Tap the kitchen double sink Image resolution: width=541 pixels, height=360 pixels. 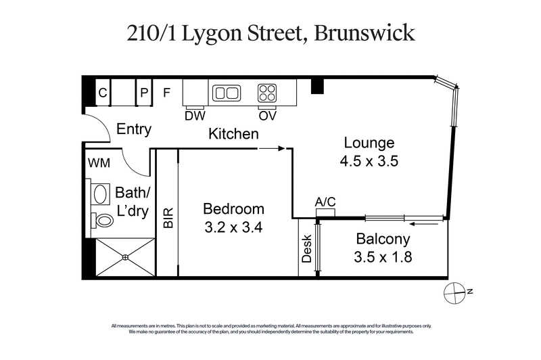[x=227, y=93]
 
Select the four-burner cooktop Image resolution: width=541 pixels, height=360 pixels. [x=266, y=93]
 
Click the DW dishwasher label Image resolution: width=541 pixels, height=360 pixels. [x=194, y=116]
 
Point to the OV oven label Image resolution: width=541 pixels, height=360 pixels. [x=266, y=116]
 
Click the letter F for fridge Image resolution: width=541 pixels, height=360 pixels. [x=167, y=93]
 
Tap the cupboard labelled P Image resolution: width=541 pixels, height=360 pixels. [x=144, y=93]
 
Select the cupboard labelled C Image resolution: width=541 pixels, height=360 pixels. [x=103, y=93]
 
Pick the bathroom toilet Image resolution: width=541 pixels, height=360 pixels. [x=103, y=220]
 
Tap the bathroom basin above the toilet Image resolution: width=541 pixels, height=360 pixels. [x=100, y=195]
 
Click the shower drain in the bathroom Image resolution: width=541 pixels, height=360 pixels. [x=125, y=257]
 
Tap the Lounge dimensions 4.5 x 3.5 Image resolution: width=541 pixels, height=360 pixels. [x=369, y=161]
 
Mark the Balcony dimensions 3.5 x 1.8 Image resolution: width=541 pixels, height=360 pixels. [x=383, y=256]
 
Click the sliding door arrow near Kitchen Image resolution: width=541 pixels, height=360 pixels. [x=272, y=148]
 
